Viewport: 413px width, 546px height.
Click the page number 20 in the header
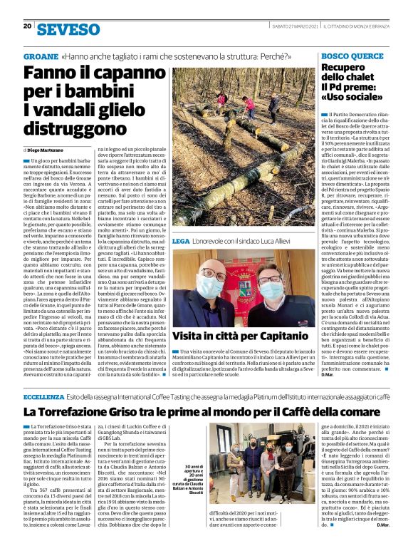click(27, 26)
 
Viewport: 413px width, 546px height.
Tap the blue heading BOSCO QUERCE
click(352, 56)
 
